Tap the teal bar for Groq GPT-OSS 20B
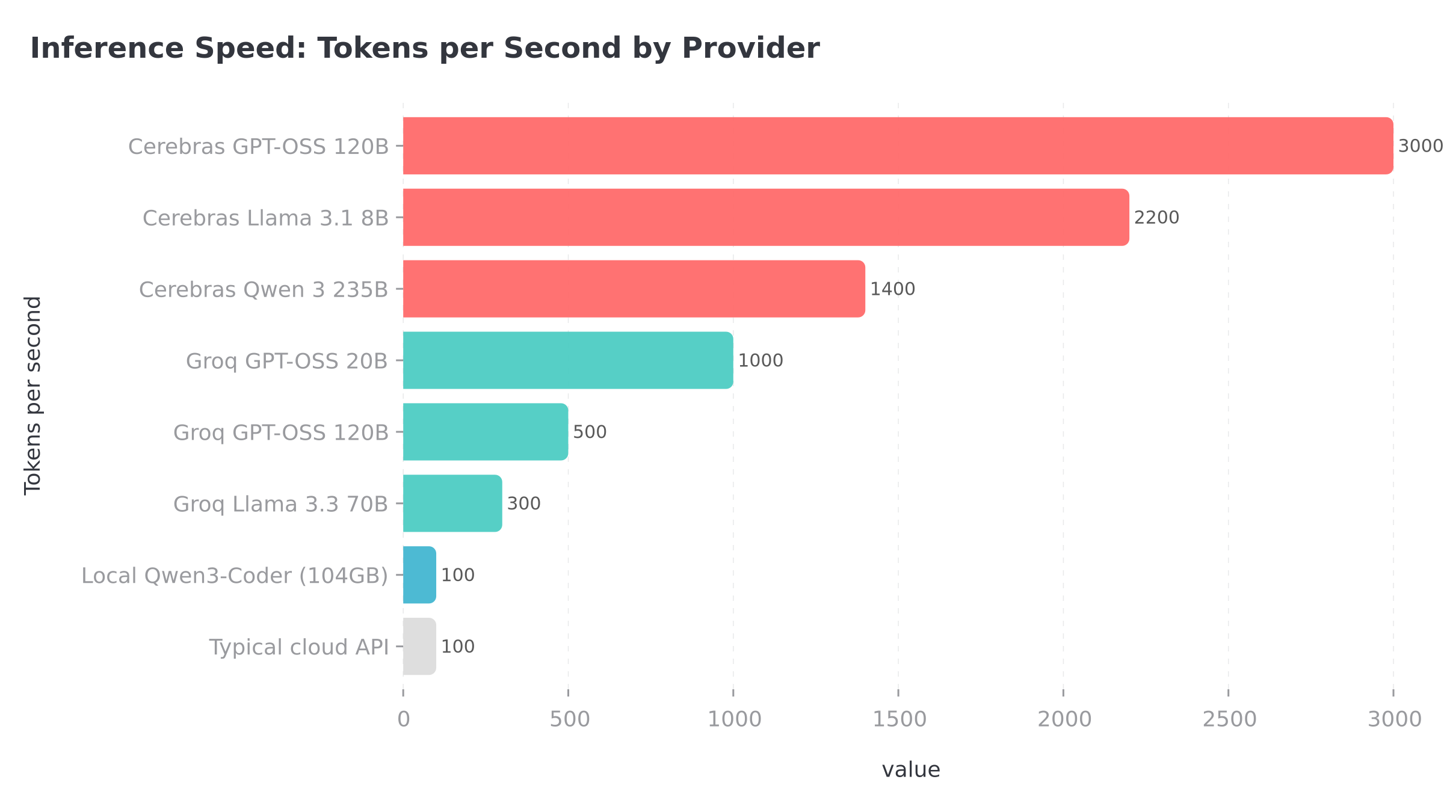567,360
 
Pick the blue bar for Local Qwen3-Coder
419,575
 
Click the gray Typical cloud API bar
419,647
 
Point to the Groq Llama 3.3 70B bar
452,503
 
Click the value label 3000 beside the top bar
1420,146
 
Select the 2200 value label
1156,218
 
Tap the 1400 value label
892,289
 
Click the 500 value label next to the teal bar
590,432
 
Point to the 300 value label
523,503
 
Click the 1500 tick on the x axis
899,719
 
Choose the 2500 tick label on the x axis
1229,719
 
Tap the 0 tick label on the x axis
403,719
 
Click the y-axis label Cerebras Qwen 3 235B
264,290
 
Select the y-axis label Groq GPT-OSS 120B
280,432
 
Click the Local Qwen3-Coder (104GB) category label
235,576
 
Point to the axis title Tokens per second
33,395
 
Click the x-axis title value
910,770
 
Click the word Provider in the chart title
750,48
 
